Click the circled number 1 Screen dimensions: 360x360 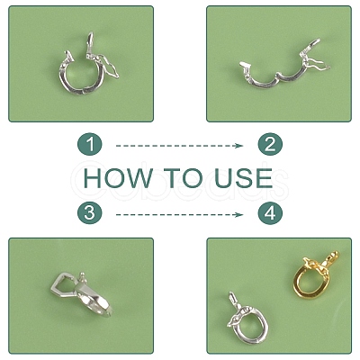[90, 144]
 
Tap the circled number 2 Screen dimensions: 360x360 [270, 144]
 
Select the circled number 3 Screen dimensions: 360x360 [90, 213]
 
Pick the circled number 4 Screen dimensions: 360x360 [270, 213]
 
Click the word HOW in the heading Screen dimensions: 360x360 [118, 178]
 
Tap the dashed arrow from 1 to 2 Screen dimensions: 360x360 [179, 146]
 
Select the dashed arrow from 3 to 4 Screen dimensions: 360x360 [179, 214]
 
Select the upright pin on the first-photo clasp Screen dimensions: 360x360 [89, 43]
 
